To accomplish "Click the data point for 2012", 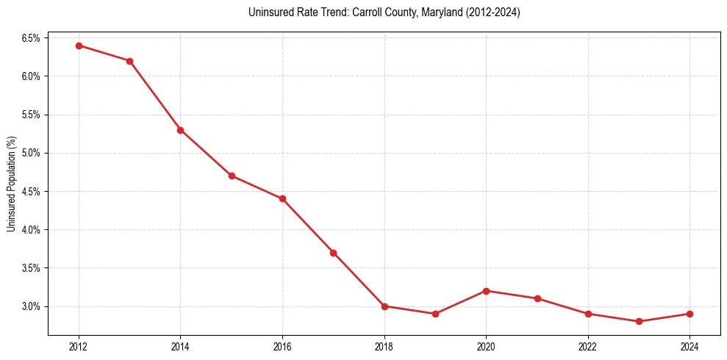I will pyautogui.click(x=79, y=46).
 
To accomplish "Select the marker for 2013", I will pyautogui.click(x=129, y=61).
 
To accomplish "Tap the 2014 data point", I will pyautogui.click(x=180, y=130).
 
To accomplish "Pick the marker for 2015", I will pyautogui.click(x=232, y=176).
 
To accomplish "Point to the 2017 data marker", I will pyautogui.click(x=333, y=253).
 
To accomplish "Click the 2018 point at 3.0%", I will pyautogui.click(x=384, y=306).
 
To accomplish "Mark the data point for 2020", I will pyautogui.click(x=486, y=291).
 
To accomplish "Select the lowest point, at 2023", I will pyautogui.click(x=639, y=321).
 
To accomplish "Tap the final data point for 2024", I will pyautogui.click(x=690, y=314).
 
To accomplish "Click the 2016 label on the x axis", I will pyautogui.click(x=282, y=346).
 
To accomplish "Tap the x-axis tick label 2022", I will pyautogui.click(x=588, y=346).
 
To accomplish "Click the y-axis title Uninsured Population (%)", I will pyautogui.click(x=11, y=183).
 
